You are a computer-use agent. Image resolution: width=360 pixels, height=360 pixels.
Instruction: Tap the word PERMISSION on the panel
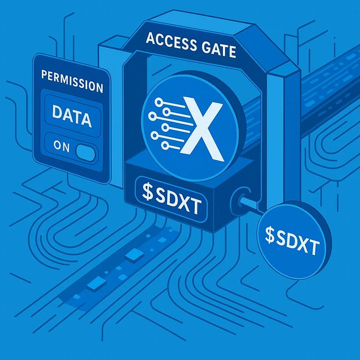click(71, 86)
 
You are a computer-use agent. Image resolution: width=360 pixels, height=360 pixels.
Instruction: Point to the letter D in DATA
click(57, 116)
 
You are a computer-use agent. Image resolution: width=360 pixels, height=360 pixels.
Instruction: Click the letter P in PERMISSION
click(44, 83)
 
